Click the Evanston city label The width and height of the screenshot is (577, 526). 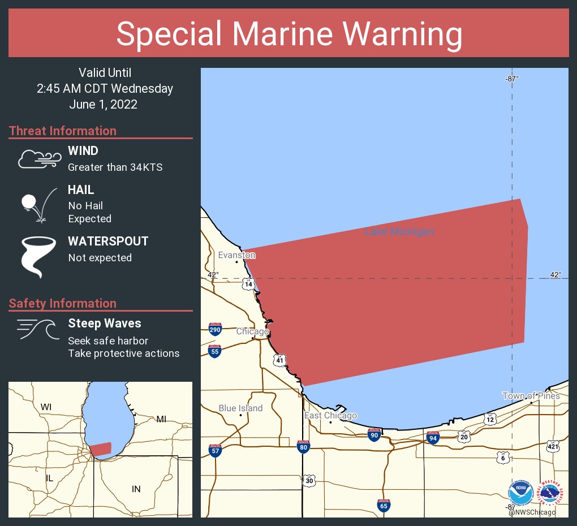click(x=236, y=256)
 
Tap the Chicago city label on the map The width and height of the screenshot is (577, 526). click(x=252, y=331)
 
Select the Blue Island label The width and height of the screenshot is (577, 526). click(x=240, y=408)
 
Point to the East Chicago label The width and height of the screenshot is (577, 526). click(x=330, y=416)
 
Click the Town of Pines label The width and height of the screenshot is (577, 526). click(x=531, y=396)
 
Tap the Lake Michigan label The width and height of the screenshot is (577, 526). click(x=399, y=232)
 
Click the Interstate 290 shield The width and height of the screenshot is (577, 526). click(x=215, y=329)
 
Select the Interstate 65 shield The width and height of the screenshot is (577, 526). click(x=383, y=506)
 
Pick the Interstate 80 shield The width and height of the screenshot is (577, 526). click(x=303, y=447)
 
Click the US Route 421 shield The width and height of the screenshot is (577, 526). click(x=553, y=446)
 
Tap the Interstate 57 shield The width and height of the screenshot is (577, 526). click(x=215, y=450)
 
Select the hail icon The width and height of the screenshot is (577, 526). click(x=37, y=205)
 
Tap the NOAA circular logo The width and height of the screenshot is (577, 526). click(x=520, y=493)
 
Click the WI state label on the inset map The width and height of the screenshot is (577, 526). click(x=46, y=407)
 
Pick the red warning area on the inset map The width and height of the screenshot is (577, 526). click(x=101, y=449)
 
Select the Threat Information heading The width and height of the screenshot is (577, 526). click(x=63, y=131)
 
